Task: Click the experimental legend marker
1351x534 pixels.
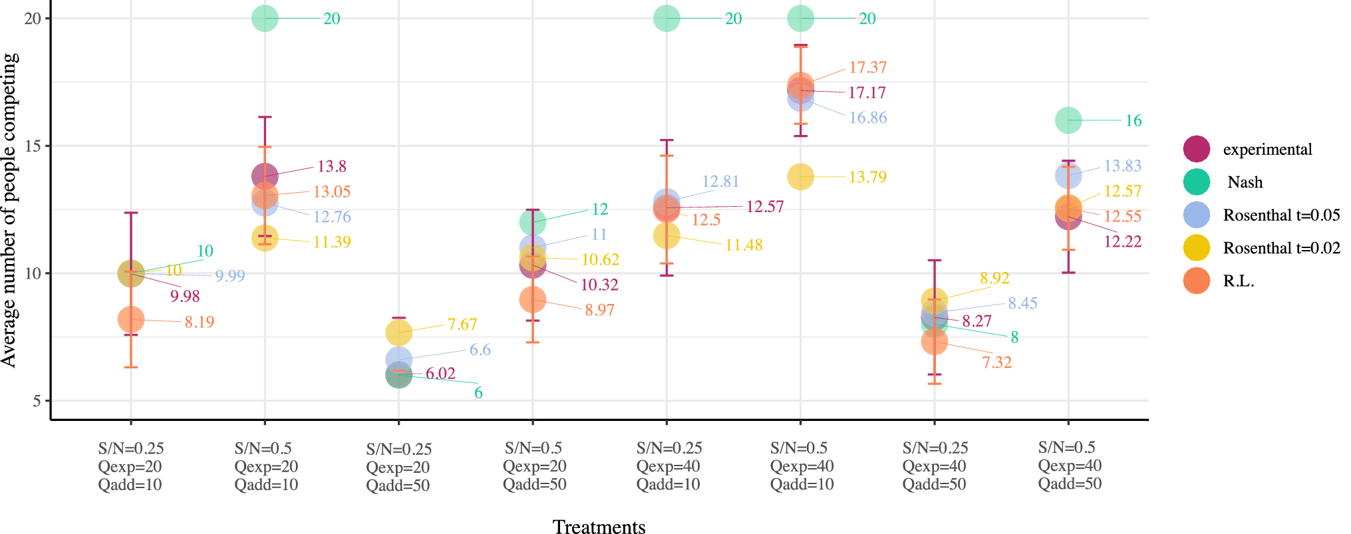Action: pos(1196,149)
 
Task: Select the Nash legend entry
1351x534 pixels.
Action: pos(1244,182)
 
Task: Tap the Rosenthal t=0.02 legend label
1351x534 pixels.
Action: pos(1281,248)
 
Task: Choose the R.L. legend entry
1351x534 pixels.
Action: pos(1238,281)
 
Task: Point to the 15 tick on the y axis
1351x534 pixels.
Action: pos(33,146)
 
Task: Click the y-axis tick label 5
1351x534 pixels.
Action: pos(37,401)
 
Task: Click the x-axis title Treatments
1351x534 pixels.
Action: pos(599,527)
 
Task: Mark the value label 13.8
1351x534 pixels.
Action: pos(331,166)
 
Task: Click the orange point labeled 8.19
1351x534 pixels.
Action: pos(131,320)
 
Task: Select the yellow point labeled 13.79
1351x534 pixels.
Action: pos(800,177)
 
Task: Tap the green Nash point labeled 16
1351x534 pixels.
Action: pos(1068,120)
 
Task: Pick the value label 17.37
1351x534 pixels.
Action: pos(867,68)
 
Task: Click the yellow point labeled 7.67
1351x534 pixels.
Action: pos(398,332)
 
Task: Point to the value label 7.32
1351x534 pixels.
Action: pos(996,362)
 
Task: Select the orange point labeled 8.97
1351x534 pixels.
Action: pos(532,300)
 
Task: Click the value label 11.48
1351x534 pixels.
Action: pos(744,245)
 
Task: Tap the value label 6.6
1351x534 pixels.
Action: pos(480,350)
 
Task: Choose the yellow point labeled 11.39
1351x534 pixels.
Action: pos(265,237)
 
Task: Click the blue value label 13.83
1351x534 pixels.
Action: pos(1122,166)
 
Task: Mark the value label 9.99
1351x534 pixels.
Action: pos(229,276)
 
